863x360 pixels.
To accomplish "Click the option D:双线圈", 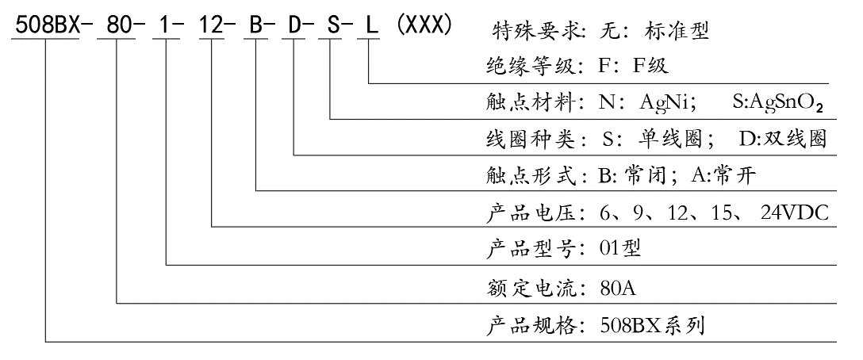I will [x=783, y=139].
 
